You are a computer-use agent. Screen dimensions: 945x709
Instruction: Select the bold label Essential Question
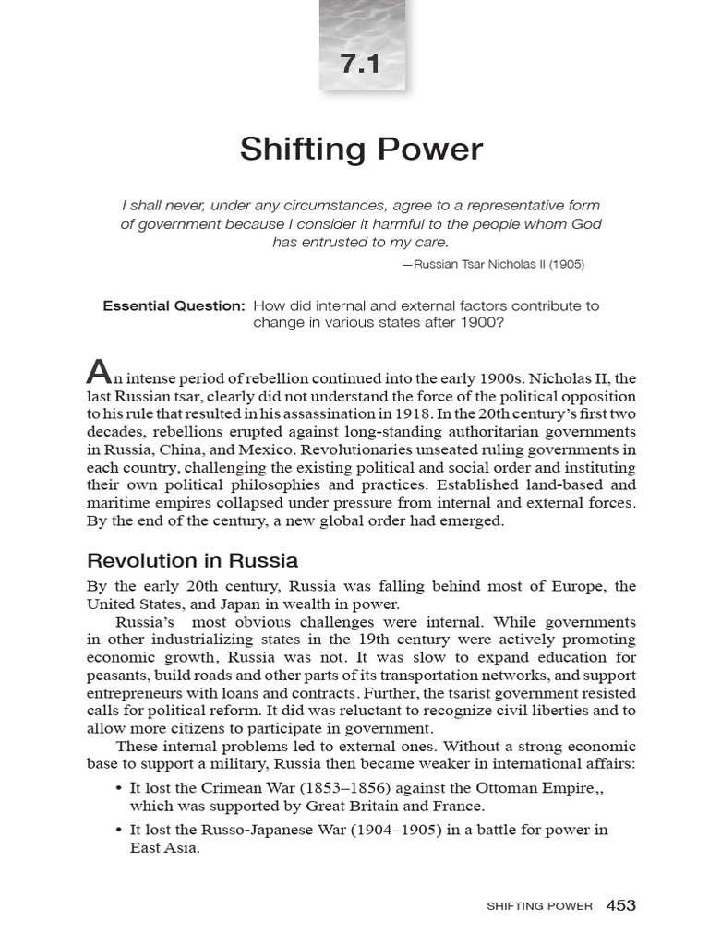click(x=174, y=305)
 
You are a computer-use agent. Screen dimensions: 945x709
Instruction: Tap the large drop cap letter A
click(x=98, y=372)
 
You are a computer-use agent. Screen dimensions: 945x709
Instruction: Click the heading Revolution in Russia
click(x=192, y=560)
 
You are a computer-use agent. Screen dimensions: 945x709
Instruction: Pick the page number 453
click(x=620, y=905)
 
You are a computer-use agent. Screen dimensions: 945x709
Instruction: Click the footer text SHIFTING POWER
click(x=539, y=906)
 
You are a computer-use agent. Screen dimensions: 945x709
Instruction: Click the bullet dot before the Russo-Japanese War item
click(x=120, y=829)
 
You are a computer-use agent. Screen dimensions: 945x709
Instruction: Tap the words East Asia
click(x=164, y=846)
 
